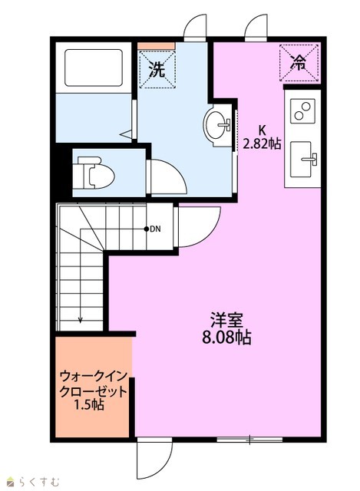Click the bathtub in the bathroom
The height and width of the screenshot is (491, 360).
click(x=94, y=68)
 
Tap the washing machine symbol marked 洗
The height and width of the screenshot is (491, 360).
click(x=157, y=70)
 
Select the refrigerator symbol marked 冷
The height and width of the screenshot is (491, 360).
click(x=299, y=63)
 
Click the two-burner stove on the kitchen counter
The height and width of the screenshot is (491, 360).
click(x=302, y=110)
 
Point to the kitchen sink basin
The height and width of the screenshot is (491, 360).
click(x=301, y=160)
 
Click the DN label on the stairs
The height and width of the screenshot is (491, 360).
click(x=155, y=229)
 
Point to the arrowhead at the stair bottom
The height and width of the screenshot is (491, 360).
click(x=81, y=320)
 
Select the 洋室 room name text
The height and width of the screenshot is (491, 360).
click(x=227, y=321)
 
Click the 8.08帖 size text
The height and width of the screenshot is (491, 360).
click(x=226, y=338)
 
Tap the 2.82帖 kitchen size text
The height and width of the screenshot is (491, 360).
click(x=263, y=143)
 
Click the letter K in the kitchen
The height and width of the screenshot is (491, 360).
click(x=261, y=130)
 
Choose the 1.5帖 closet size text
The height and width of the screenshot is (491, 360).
click(x=89, y=405)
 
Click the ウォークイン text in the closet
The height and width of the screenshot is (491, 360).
click(x=94, y=376)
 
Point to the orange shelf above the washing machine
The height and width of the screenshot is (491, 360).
click(x=157, y=46)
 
